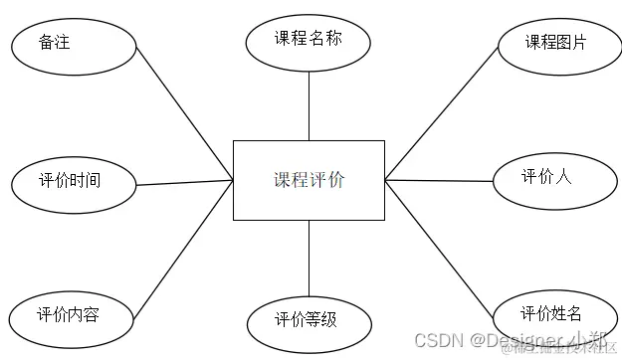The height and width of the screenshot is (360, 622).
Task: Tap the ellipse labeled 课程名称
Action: pos(309,41)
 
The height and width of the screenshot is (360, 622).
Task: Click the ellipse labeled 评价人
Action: pos(546,178)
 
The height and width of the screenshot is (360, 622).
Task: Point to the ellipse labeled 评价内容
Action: pos(69,315)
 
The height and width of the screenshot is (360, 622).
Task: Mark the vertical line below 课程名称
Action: pos(309,104)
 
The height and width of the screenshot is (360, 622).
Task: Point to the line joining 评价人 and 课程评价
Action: pos(439,180)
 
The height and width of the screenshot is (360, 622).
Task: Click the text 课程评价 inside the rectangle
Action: pos(309,180)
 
